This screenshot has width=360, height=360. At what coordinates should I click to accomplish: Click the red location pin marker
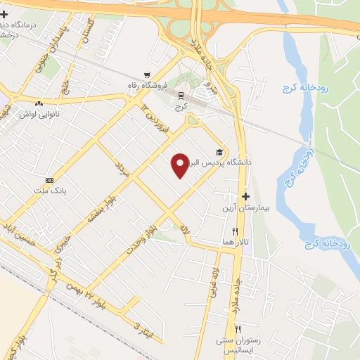(x=181, y=165)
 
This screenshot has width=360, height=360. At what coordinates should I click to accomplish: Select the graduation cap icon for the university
(x=219, y=152)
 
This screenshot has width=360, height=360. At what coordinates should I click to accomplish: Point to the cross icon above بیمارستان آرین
(x=245, y=198)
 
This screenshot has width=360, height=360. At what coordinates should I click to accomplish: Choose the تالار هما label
(x=236, y=241)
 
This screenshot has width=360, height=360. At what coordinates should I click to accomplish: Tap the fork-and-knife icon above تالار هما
(x=236, y=231)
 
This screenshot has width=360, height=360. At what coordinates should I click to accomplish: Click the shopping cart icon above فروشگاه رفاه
(x=146, y=75)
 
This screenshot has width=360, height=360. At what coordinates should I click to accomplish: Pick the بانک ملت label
(x=49, y=191)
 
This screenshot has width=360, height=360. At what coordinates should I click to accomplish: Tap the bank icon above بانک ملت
(x=49, y=180)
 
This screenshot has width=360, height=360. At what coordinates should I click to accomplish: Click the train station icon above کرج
(x=181, y=96)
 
